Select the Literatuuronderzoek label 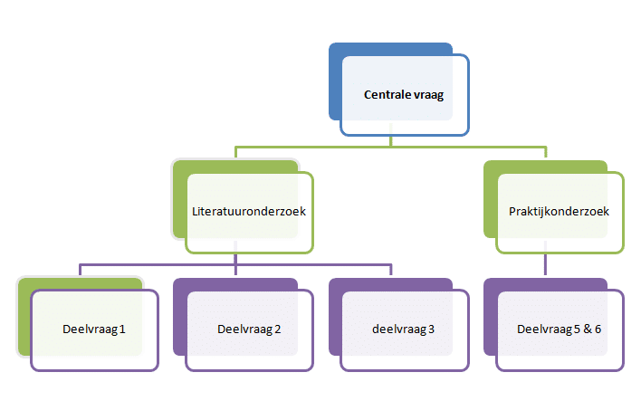click(249, 211)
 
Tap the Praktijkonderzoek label click(559, 212)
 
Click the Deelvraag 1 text click(93, 329)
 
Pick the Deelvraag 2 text click(249, 329)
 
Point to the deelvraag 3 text click(403, 329)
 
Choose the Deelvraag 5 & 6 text click(559, 329)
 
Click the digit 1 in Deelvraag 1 click(122, 329)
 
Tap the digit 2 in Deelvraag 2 click(278, 329)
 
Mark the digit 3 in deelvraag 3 click(431, 329)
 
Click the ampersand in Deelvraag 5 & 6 click(588, 329)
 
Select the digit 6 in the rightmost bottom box click(598, 329)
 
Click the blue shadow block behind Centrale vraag click(335, 81)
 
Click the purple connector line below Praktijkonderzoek click(545, 264)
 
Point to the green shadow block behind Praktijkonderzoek click(490, 199)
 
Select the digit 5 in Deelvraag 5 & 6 click(577, 329)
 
